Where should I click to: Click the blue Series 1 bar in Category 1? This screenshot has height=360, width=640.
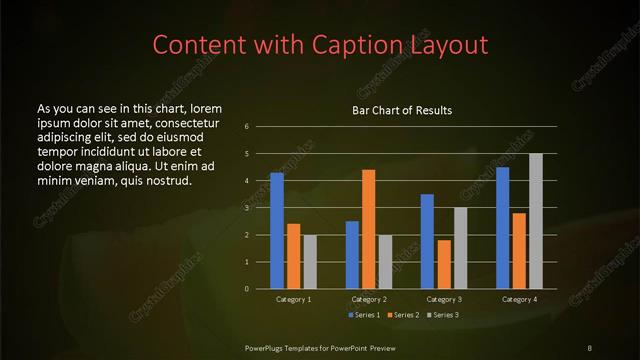277,231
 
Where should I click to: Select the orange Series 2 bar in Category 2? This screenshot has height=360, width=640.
369,229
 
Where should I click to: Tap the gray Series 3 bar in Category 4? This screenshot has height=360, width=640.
536,221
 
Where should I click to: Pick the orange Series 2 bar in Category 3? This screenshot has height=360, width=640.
444,264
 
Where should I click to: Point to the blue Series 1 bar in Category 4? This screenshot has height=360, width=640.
503,228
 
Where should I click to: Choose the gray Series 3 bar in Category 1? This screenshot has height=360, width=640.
310,262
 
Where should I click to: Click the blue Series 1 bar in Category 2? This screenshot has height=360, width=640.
352,255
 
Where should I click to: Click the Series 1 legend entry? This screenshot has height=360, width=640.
362,316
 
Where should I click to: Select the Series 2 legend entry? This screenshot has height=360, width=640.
403,316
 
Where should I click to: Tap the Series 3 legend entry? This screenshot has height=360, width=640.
443,316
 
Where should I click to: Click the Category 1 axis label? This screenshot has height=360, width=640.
294,299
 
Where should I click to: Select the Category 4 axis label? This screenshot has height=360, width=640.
519,299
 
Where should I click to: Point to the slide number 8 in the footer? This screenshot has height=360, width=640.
589,347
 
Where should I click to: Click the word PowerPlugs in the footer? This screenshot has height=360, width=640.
264,347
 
